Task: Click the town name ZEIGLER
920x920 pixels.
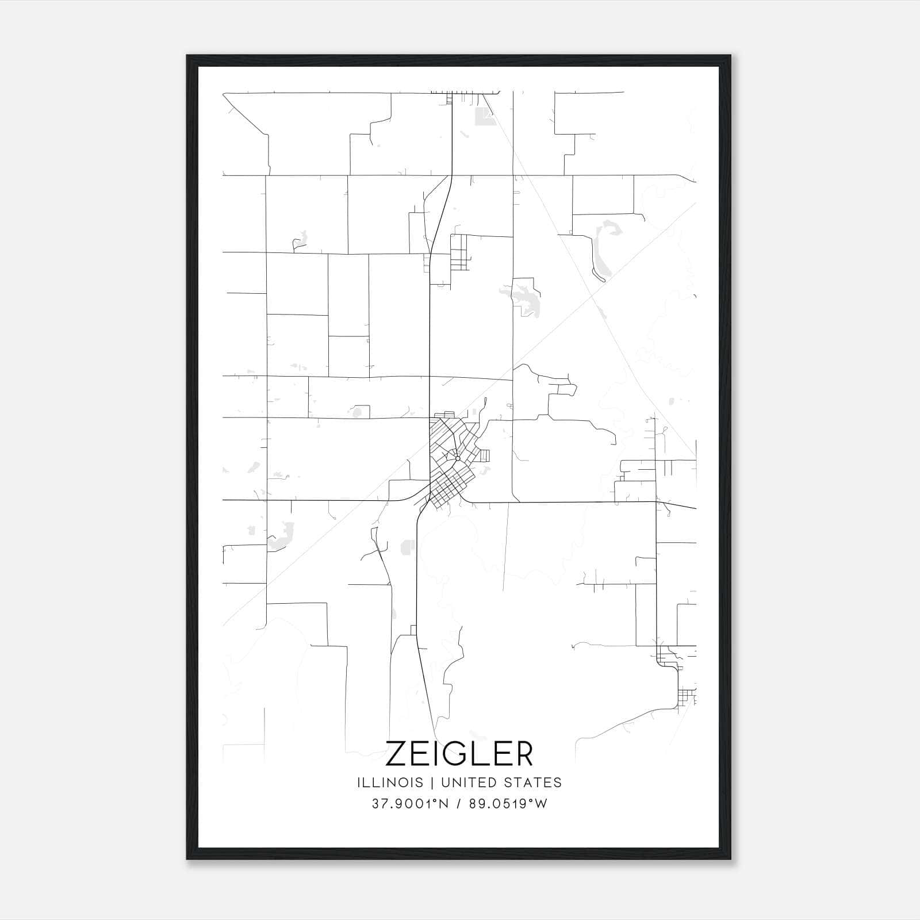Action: pos(459,754)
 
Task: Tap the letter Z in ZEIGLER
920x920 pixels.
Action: pos(396,754)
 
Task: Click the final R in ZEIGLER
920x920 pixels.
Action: pos(523,754)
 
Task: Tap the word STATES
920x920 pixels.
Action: pos(536,783)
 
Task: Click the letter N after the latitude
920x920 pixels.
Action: pos(444,804)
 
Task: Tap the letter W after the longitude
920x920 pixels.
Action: pos(541,804)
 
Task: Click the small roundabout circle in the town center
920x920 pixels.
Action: pos(457,458)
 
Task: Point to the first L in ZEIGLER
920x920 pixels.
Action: pos(484,754)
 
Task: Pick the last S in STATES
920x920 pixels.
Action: pos(558,783)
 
